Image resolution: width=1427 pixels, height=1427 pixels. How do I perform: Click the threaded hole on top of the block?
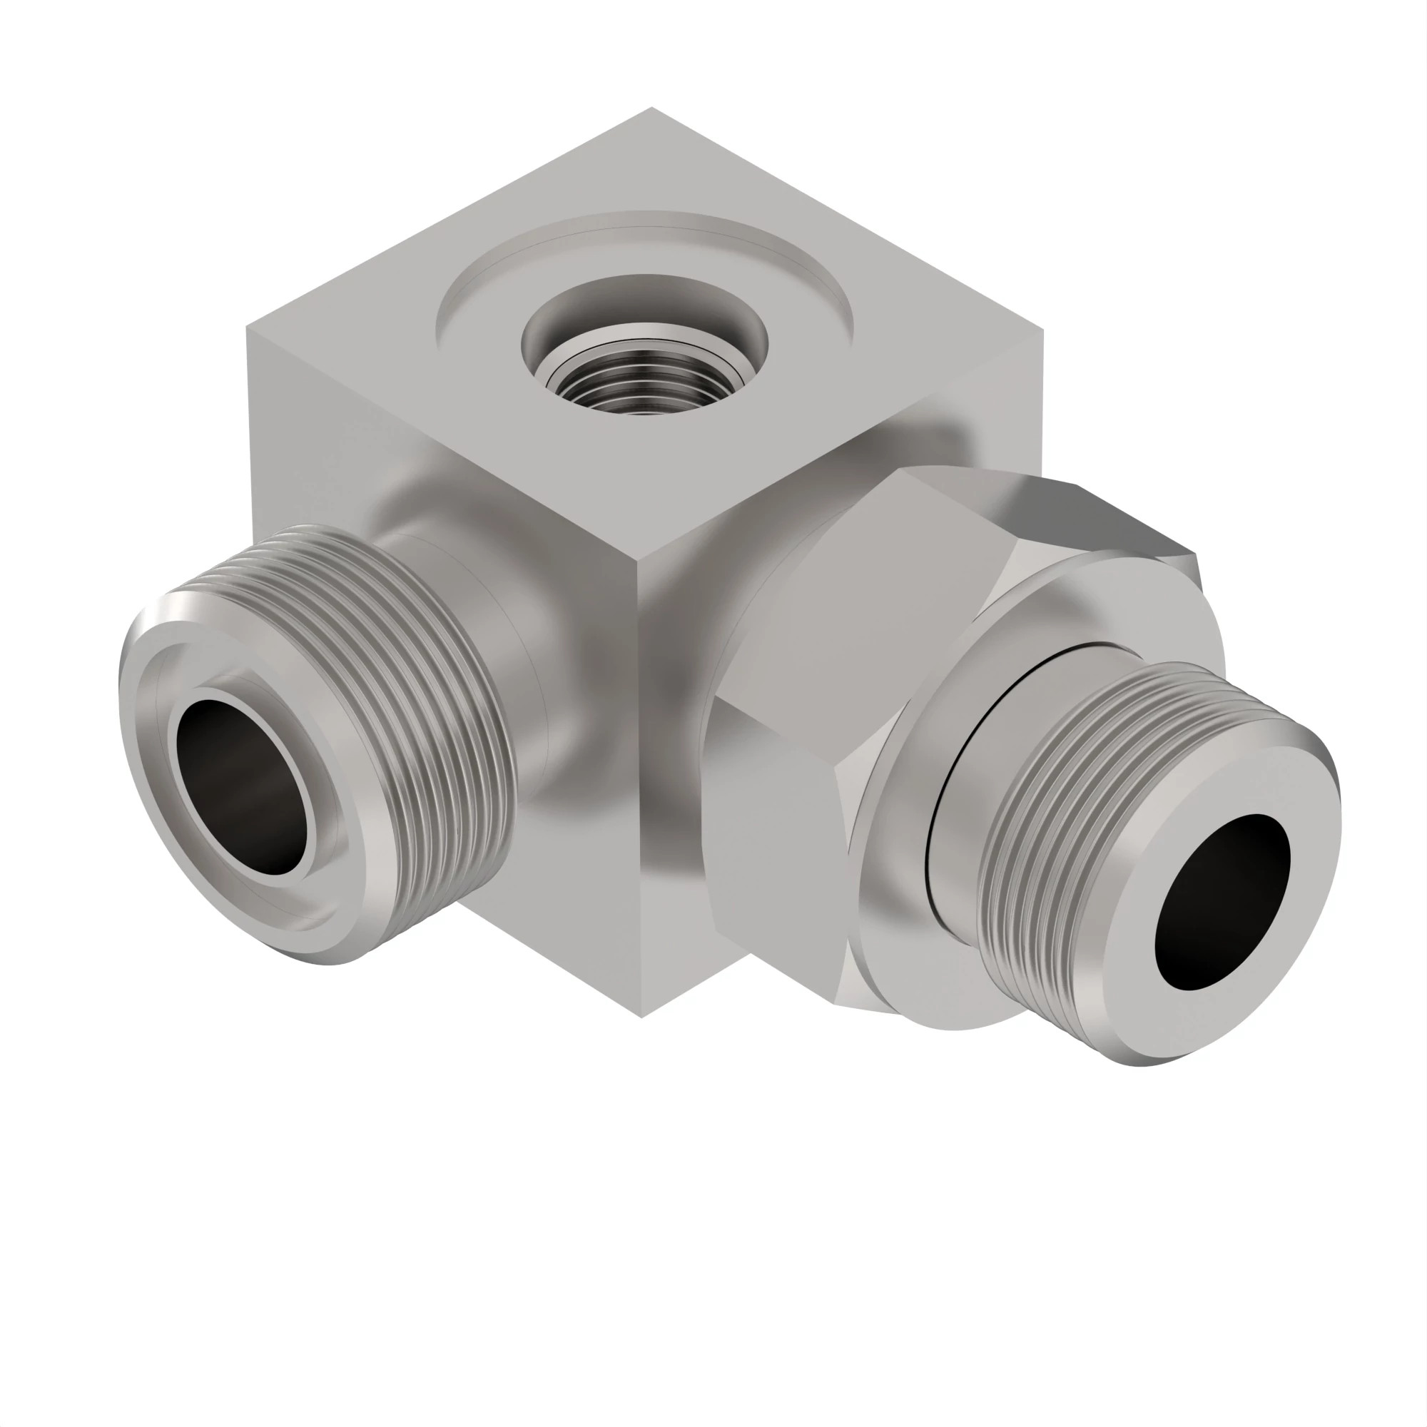pyautogui.click(x=644, y=383)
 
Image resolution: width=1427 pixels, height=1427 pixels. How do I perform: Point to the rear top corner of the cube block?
pyautogui.click(x=651, y=108)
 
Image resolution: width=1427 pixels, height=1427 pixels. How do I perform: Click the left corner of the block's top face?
pyautogui.click(x=248, y=330)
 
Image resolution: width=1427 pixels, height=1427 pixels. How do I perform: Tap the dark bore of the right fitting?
pyautogui.click(x=1222, y=901)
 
